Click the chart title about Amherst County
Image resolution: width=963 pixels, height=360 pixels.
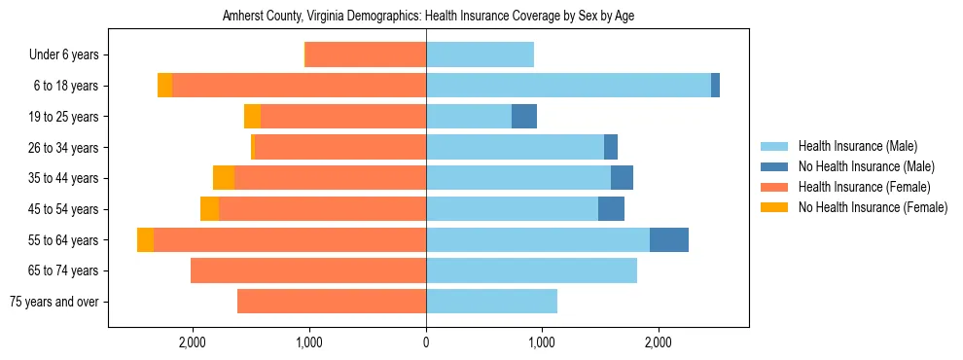click(x=428, y=17)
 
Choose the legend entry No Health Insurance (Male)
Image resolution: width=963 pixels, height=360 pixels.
click(x=859, y=167)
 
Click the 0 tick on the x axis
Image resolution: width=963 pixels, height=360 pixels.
click(x=426, y=342)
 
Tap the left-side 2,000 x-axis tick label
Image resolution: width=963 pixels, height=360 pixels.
click(x=193, y=342)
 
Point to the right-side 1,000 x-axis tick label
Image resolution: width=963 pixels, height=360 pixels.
click(x=542, y=342)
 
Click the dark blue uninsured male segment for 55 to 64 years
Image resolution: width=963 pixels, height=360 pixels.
click(x=669, y=239)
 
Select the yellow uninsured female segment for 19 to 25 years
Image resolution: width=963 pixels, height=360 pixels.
click(x=252, y=117)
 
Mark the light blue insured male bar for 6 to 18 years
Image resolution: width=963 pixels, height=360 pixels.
click(x=568, y=86)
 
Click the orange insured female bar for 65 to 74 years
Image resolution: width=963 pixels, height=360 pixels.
click(x=308, y=270)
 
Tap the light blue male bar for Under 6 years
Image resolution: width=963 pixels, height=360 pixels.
click(x=480, y=55)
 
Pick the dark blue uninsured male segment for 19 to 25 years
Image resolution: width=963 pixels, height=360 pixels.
click(x=524, y=117)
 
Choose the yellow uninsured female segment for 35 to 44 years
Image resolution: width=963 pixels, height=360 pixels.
click(x=224, y=178)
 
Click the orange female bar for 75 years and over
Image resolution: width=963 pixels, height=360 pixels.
click(x=332, y=302)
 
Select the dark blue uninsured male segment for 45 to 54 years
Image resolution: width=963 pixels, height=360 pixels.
click(x=611, y=209)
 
